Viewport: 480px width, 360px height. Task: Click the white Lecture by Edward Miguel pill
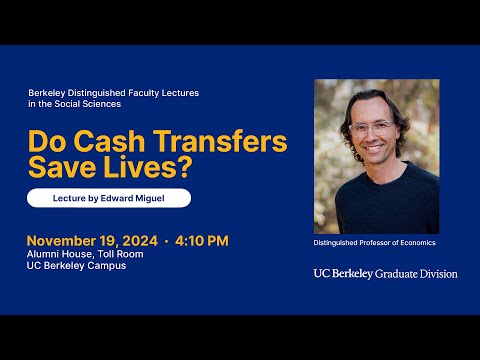click(x=108, y=198)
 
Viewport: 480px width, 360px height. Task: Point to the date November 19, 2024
click(x=96, y=240)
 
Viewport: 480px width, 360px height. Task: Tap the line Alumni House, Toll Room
click(x=85, y=254)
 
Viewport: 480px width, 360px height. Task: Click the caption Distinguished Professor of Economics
click(x=375, y=243)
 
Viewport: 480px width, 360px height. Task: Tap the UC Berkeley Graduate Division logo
click(x=385, y=273)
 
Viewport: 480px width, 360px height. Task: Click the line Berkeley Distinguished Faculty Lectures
click(x=113, y=92)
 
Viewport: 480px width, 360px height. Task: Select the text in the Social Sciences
click(x=75, y=104)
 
